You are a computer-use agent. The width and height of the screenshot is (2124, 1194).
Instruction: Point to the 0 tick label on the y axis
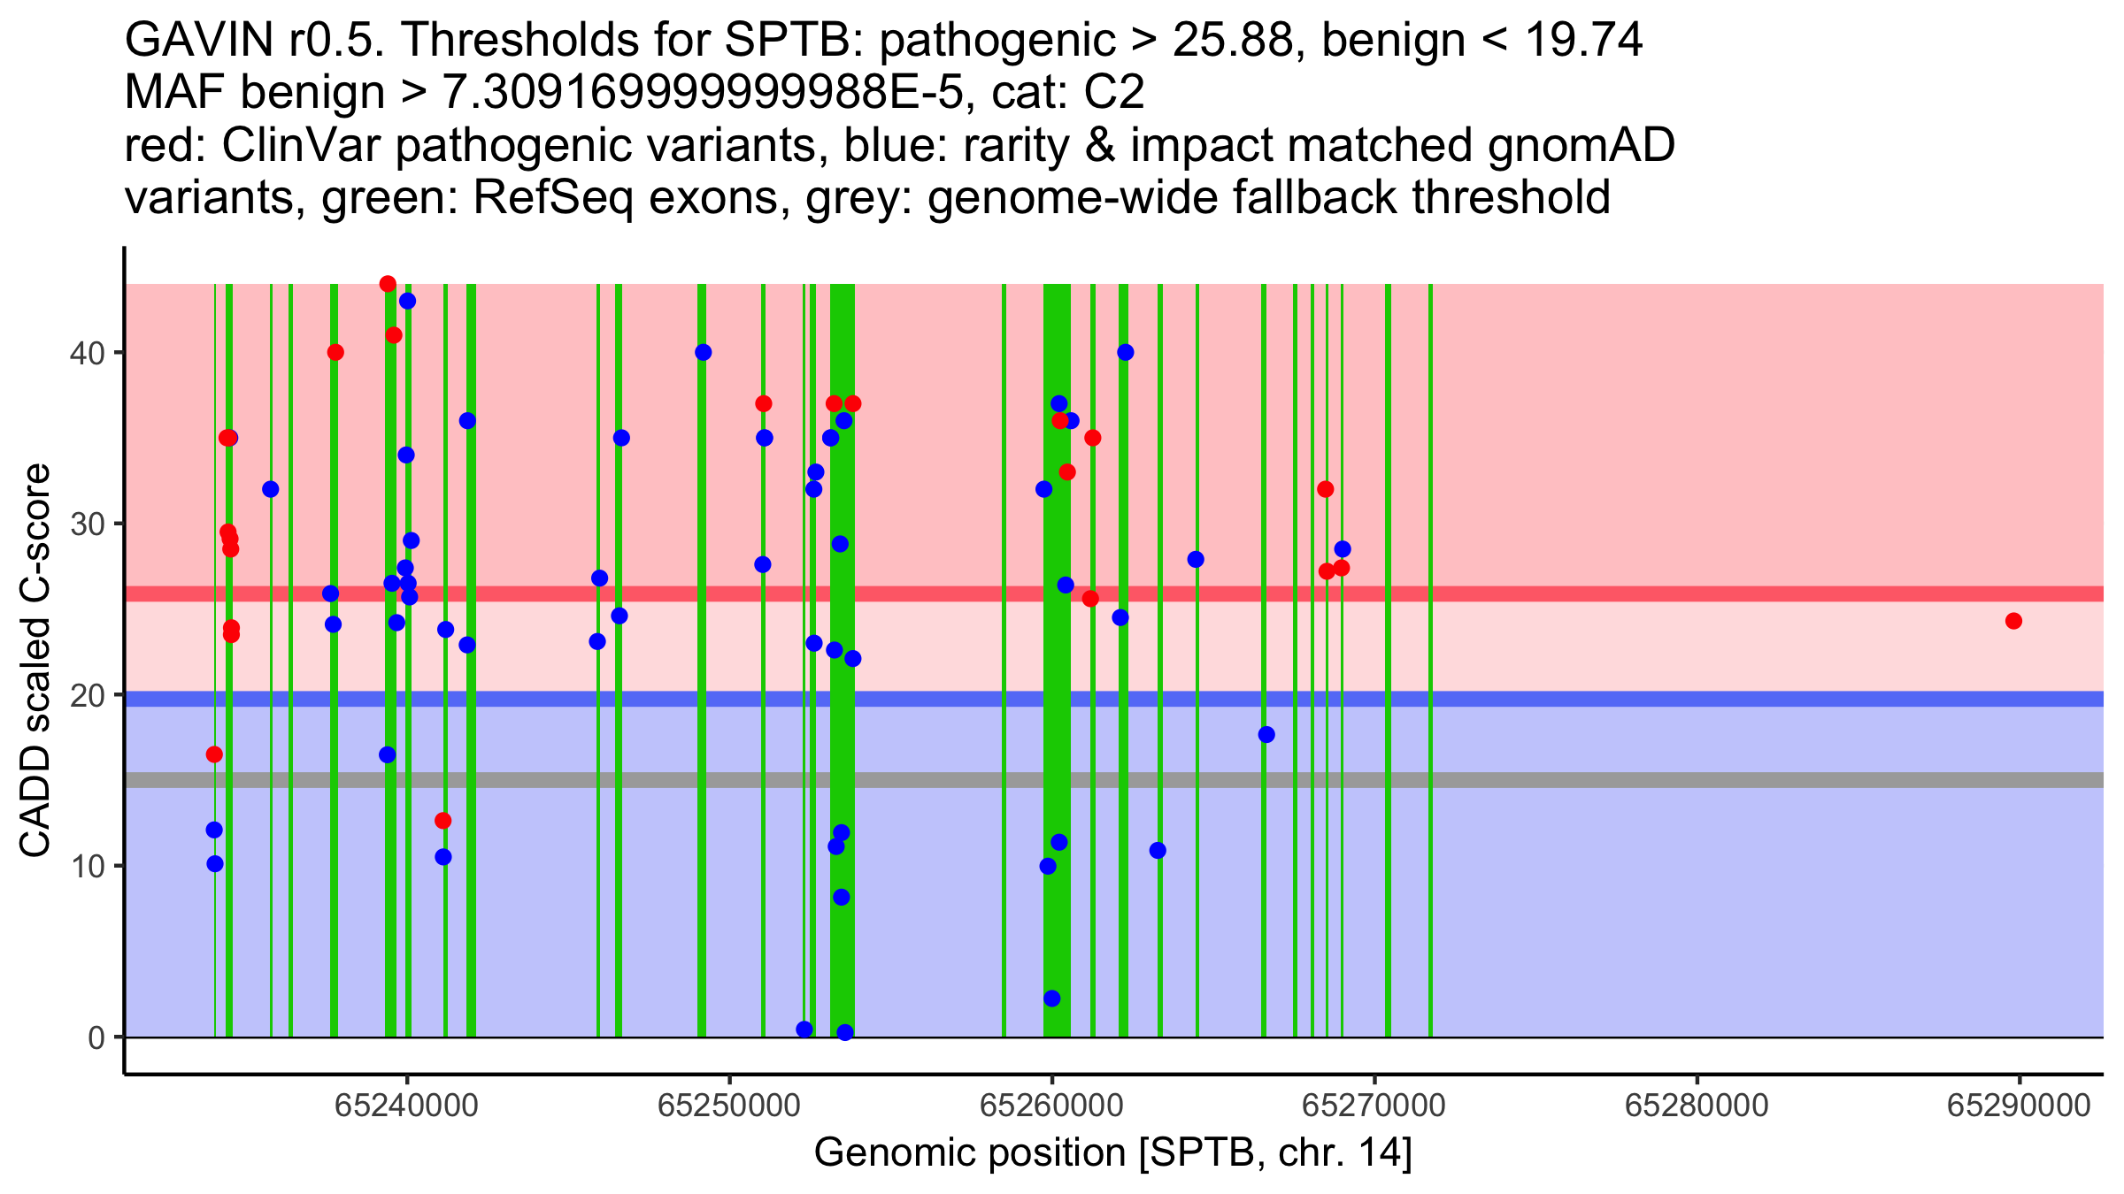96,1037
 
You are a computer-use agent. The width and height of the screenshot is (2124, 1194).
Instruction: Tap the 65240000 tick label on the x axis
407,1105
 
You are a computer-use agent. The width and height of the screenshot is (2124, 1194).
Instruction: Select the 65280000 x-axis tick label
1697,1105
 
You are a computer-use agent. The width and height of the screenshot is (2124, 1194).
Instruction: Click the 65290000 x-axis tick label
2020,1105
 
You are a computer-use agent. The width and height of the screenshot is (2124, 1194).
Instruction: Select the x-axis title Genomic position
1112,1153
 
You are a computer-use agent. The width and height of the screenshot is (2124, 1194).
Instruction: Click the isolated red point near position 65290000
2013,621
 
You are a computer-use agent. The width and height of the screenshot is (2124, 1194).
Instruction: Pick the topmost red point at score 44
388,284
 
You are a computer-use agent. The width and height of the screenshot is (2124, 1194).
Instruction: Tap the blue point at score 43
407,301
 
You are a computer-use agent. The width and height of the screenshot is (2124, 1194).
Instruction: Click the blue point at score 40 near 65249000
704,352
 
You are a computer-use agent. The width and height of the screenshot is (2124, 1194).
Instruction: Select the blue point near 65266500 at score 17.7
1266,734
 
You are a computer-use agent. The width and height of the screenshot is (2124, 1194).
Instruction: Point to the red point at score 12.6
443,821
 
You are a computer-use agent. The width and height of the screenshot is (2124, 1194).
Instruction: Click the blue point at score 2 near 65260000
1052,999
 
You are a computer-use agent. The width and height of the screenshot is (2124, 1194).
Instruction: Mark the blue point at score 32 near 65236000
271,489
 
